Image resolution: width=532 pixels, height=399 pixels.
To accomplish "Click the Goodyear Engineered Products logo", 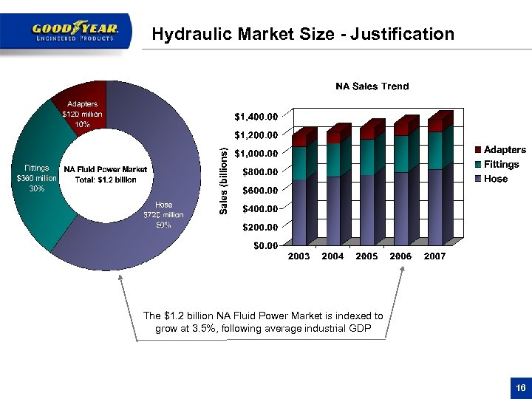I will [74, 31].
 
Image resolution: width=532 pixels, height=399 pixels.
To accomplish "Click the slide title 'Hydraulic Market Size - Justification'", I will [302, 34].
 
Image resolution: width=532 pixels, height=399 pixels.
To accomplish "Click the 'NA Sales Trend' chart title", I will [372, 86].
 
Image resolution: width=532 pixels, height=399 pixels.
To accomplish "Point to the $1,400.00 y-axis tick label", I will [256, 117].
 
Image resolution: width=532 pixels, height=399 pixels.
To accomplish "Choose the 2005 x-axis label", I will [367, 256].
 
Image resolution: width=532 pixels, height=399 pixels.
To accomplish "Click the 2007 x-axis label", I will [434, 256].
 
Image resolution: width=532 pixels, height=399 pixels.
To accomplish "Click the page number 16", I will [519, 389].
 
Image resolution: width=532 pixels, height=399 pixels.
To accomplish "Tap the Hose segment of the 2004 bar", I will [334, 211].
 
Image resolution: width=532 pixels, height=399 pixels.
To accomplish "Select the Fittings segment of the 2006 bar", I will [400, 154].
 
